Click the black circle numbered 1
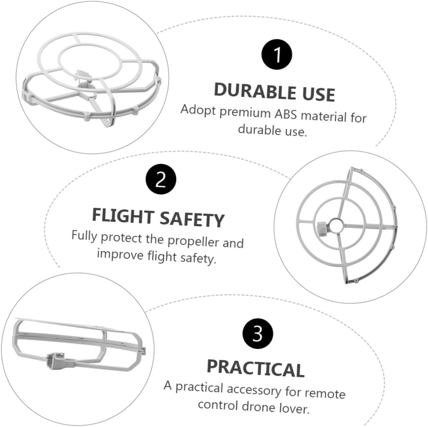coord(277,55)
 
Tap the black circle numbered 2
coord(161,179)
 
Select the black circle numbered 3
coord(257,333)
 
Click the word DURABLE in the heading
coord(255,91)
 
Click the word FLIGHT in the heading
coord(123,215)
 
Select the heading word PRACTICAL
coord(256,368)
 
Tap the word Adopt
coord(198,110)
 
